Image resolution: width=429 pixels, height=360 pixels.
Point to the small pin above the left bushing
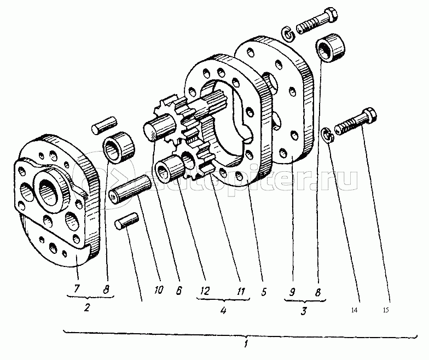click(x=103, y=124)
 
